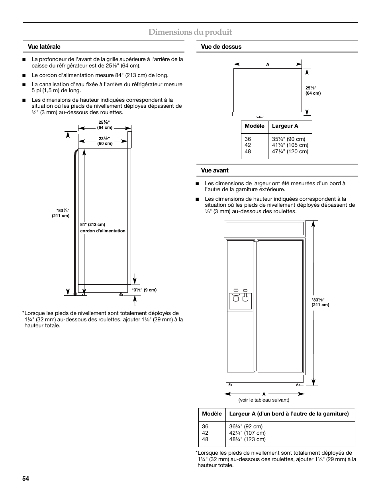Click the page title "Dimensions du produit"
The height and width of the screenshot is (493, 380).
[x=190, y=32]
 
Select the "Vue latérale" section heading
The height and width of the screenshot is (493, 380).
[x=44, y=47]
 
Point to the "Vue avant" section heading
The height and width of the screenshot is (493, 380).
[x=215, y=170]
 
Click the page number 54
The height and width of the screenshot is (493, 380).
[x=26, y=479]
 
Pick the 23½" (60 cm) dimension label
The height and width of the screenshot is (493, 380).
[x=105, y=141]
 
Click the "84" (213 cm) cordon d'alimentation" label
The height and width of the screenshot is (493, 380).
[x=103, y=228]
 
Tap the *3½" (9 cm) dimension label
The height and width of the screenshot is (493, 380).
[x=144, y=290]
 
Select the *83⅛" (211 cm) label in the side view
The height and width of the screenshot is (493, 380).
[x=63, y=213]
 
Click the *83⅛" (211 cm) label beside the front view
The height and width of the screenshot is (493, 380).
[x=320, y=302]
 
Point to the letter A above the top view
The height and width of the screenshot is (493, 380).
[x=268, y=64]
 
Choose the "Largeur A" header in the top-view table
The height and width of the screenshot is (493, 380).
[x=285, y=126]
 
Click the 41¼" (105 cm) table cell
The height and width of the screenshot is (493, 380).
[x=290, y=145]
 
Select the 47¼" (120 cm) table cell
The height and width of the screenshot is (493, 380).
[x=290, y=151]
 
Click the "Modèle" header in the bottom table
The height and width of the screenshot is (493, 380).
[x=212, y=414]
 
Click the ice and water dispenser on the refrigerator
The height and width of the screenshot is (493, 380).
[x=240, y=298]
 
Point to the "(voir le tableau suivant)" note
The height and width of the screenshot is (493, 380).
[x=264, y=400]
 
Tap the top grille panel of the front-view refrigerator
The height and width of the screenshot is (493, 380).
[x=264, y=229]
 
